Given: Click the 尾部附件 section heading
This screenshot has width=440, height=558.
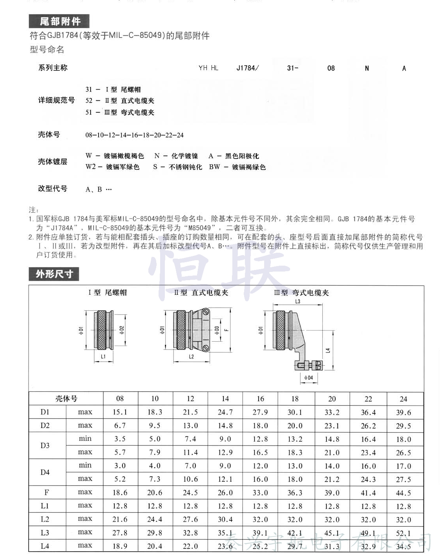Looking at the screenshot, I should coord(59,21).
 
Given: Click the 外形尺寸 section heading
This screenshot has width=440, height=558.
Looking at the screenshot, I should coord(54,274).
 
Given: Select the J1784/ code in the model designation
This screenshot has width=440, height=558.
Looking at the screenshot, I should coord(247,68).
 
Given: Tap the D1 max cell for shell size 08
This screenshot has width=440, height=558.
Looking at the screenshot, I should coord(120,412).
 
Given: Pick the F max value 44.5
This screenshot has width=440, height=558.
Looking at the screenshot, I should coord(403,493).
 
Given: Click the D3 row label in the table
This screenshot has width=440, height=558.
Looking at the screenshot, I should coord(45,446).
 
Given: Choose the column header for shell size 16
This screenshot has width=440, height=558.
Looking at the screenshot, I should coord(260,399).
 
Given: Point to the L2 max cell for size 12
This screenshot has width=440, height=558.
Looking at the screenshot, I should coord(190,520).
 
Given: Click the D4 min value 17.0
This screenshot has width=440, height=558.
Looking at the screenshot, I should coord(403,466).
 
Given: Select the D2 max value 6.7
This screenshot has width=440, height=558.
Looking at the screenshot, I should coord(120,426).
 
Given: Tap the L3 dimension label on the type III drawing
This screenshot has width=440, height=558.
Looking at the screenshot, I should coord(298,301).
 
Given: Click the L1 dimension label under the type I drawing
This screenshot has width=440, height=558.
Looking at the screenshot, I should coord(103,357).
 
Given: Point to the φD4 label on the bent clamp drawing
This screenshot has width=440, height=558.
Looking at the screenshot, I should coord(309,378).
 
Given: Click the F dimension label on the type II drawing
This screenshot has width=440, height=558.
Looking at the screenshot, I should coord(226,330).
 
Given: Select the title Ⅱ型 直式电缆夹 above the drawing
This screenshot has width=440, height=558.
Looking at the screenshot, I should coord(201,293).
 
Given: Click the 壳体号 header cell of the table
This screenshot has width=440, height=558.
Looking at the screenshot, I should coord(66,399).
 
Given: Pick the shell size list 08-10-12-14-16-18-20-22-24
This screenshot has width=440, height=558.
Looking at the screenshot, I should coord(135,135).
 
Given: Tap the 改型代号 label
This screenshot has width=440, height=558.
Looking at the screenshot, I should coord(53,188).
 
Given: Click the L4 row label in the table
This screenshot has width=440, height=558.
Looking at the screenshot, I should coord(45,546).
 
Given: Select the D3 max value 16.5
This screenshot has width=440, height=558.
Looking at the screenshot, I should coord(260,453).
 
